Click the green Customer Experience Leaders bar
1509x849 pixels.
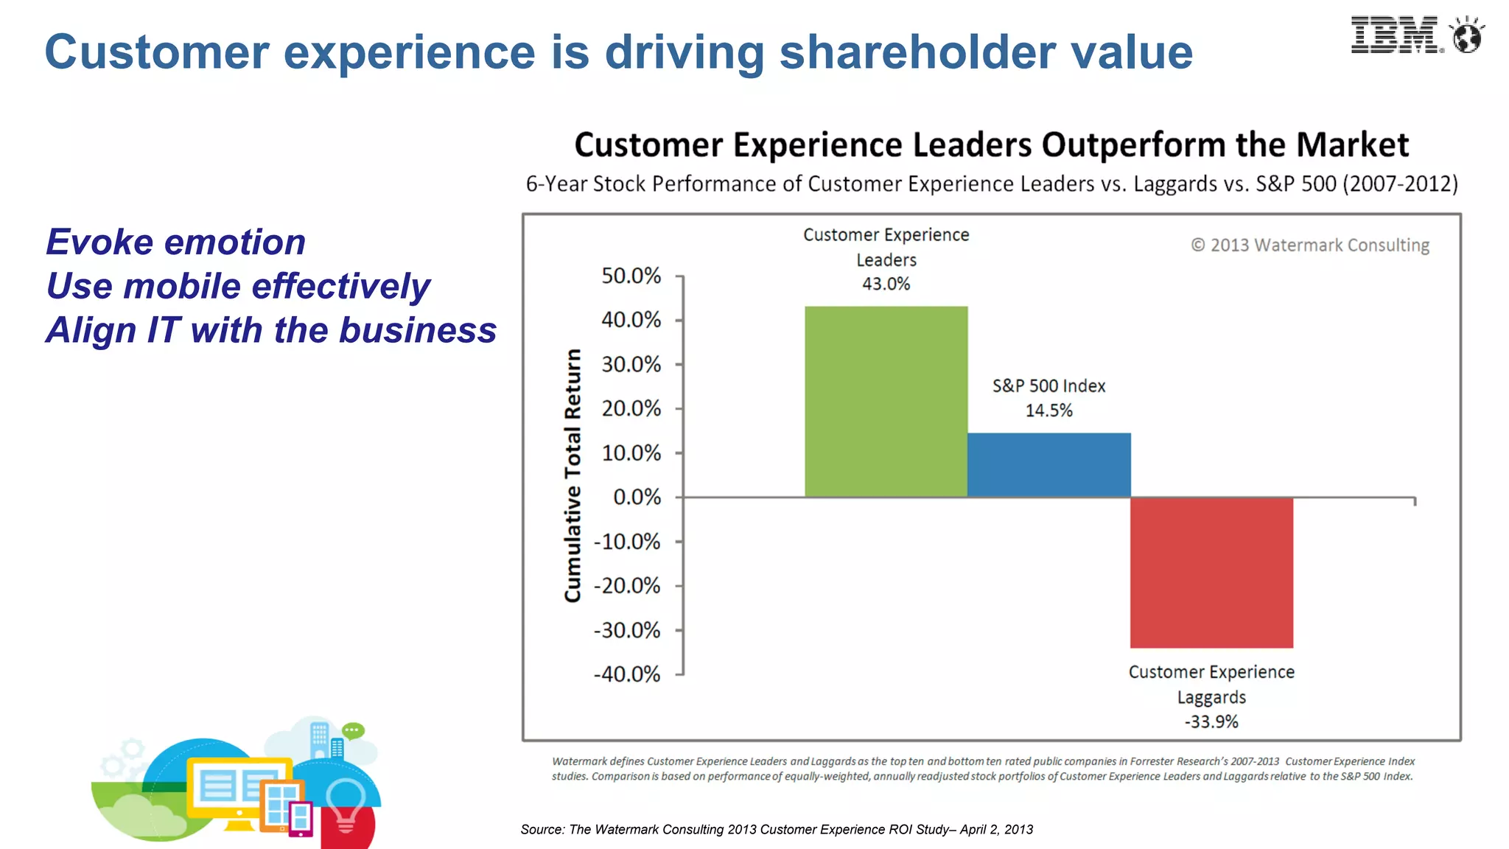tap(886, 402)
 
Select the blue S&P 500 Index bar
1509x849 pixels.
tap(1048, 465)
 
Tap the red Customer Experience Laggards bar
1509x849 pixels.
tap(1211, 573)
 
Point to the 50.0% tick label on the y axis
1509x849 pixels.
tap(631, 276)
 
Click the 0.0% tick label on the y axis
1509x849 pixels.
tap(637, 497)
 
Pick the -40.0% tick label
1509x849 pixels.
tap(627, 674)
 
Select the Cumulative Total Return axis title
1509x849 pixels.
tap(573, 475)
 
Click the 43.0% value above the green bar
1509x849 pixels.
tap(886, 284)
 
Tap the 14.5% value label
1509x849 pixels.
tap(1048, 410)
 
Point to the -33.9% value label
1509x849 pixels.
tap(1211, 722)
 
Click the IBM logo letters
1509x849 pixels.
tap(1395, 35)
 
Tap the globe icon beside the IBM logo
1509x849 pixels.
tap(1466, 36)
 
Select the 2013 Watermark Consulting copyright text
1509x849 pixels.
tap(1310, 245)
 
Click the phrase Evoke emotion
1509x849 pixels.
tap(175, 242)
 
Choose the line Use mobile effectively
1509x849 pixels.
tap(238, 287)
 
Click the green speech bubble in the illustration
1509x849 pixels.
tap(353, 730)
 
